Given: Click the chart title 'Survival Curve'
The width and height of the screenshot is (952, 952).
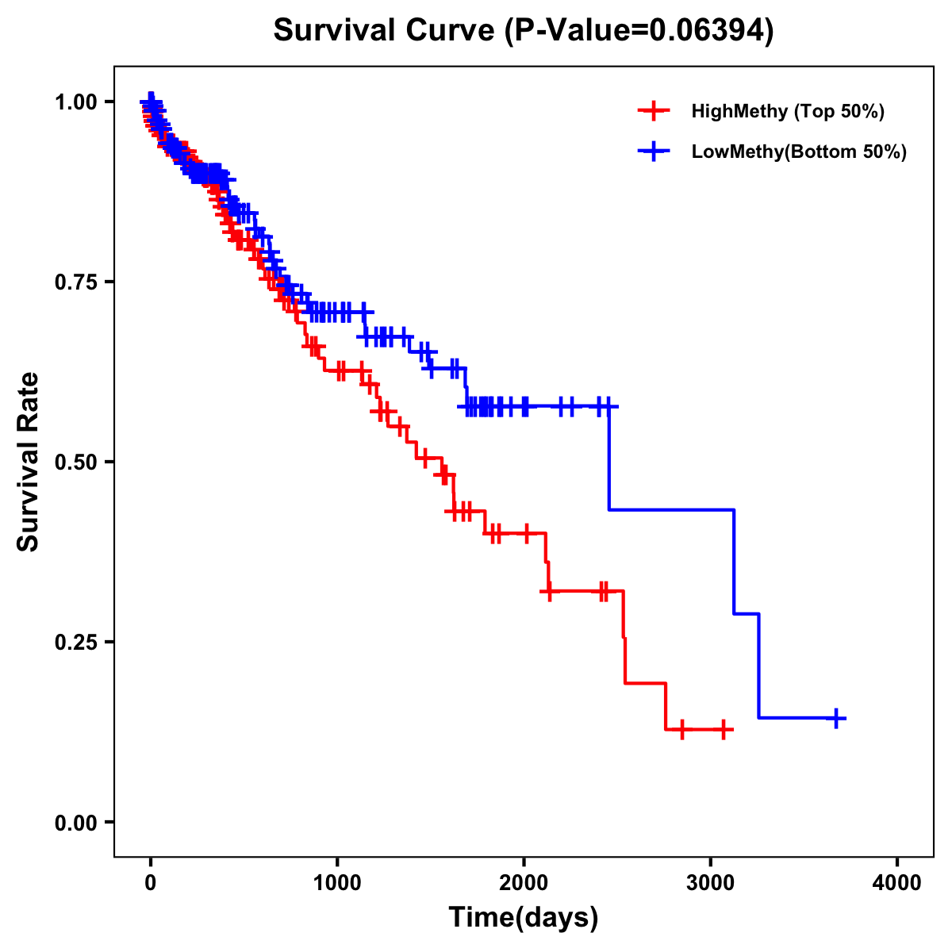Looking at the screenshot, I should tap(386, 31).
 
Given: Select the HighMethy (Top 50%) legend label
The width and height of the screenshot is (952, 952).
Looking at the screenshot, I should tap(787, 111).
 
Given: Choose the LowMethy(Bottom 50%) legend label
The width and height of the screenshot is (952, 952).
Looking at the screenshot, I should tap(799, 152).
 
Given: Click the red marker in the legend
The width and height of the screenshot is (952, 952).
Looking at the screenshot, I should tap(652, 111).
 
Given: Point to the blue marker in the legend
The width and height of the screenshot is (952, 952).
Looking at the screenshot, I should tap(652, 152).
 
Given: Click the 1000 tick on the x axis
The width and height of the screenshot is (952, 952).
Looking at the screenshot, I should tap(337, 882).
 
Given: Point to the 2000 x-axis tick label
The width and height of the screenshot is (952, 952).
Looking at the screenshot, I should tap(524, 882).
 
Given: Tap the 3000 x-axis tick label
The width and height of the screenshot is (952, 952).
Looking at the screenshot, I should tap(711, 882).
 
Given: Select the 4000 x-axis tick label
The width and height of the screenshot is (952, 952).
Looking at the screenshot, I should tap(897, 882).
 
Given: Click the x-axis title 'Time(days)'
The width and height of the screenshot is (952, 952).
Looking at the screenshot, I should tap(524, 918).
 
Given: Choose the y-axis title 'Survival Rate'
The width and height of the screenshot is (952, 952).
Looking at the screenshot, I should tap(29, 462).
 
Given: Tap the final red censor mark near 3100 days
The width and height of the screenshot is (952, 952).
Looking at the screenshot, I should tap(724, 729).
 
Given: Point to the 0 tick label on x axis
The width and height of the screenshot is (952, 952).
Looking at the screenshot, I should tap(151, 882).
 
